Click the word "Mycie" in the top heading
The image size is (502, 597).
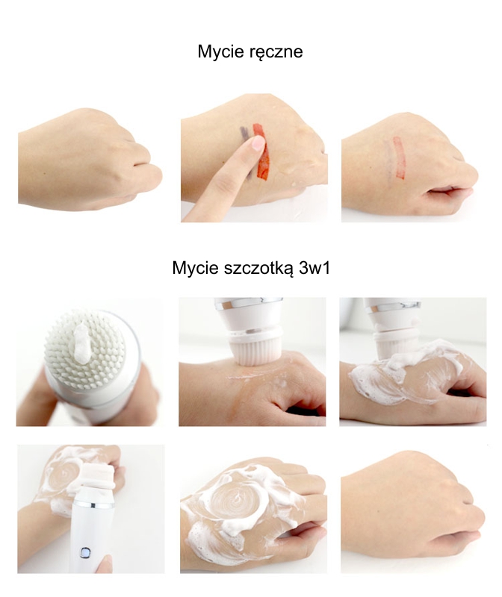(216, 51)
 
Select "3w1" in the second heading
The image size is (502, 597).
(314, 268)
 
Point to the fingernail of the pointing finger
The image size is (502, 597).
(258, 143)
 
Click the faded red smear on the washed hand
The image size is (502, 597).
(399, 157)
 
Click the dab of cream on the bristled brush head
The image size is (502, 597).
(81, 342)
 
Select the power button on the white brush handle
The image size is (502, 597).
(85, 552)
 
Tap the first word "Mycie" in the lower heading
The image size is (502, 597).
(190, 268)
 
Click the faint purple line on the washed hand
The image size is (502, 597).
(388, 158)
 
